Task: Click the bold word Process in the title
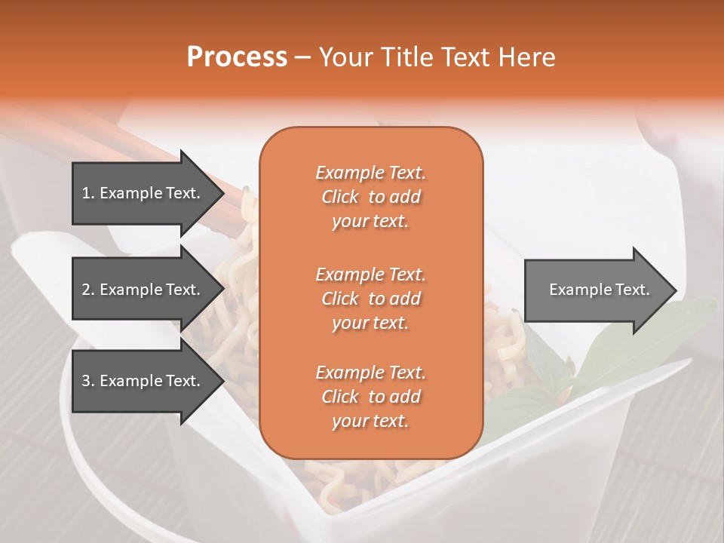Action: [237, 57]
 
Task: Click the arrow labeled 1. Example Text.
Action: [143, 193]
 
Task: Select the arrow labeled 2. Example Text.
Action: [143, 290]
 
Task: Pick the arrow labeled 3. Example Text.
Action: [143, 381]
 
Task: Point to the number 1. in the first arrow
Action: [88, 193]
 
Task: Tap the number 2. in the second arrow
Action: [88, 290]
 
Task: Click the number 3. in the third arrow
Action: [88, 381]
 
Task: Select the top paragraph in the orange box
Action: [370, 197]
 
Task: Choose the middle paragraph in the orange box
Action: [370, 298]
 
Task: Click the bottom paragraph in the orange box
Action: [370, 397]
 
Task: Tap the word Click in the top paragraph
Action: [340, 197]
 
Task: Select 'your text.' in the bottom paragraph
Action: [370, 422]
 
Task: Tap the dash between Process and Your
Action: [303, 57]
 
